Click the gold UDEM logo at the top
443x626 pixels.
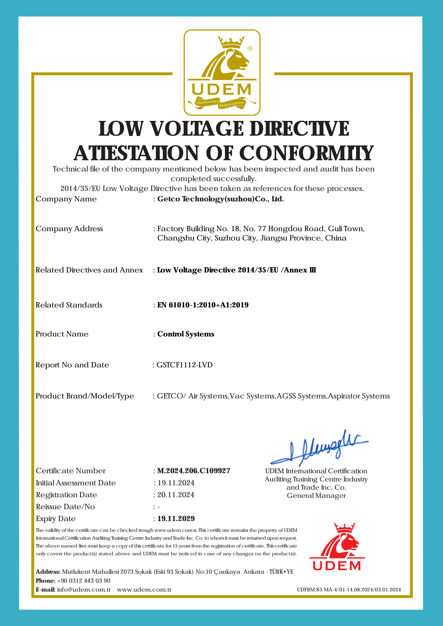[222, 73]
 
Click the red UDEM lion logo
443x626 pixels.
[337, 547]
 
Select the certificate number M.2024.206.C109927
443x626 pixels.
[194, 471]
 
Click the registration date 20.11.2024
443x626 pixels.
[176, 495]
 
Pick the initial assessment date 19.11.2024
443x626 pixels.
[176, 483]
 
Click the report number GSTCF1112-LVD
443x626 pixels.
[184, 365]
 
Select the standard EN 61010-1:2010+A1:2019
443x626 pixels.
[203, 305]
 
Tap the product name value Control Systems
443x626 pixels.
[186, 334]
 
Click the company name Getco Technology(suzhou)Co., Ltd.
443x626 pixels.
[220, 199]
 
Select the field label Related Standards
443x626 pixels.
[69, 305]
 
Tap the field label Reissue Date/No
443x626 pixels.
[65, 507]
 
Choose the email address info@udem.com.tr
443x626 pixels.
[84, 590]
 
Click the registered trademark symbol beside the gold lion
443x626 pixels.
[250, 49]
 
